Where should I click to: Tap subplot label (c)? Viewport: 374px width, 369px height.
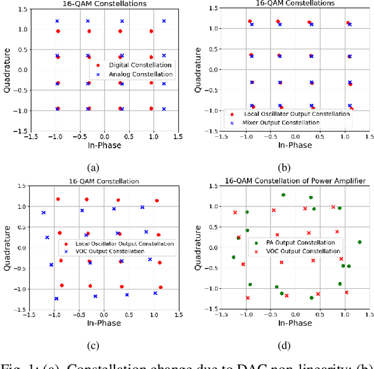[92, 346]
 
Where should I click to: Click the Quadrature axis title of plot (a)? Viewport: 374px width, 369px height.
[8, 70]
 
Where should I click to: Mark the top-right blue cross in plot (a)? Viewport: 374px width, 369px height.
[164, 21]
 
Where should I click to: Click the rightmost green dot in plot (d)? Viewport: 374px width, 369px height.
[359, 242]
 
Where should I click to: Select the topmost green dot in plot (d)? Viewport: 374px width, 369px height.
[283, 195]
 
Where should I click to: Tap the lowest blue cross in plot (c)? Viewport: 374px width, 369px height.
[57, 299]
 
